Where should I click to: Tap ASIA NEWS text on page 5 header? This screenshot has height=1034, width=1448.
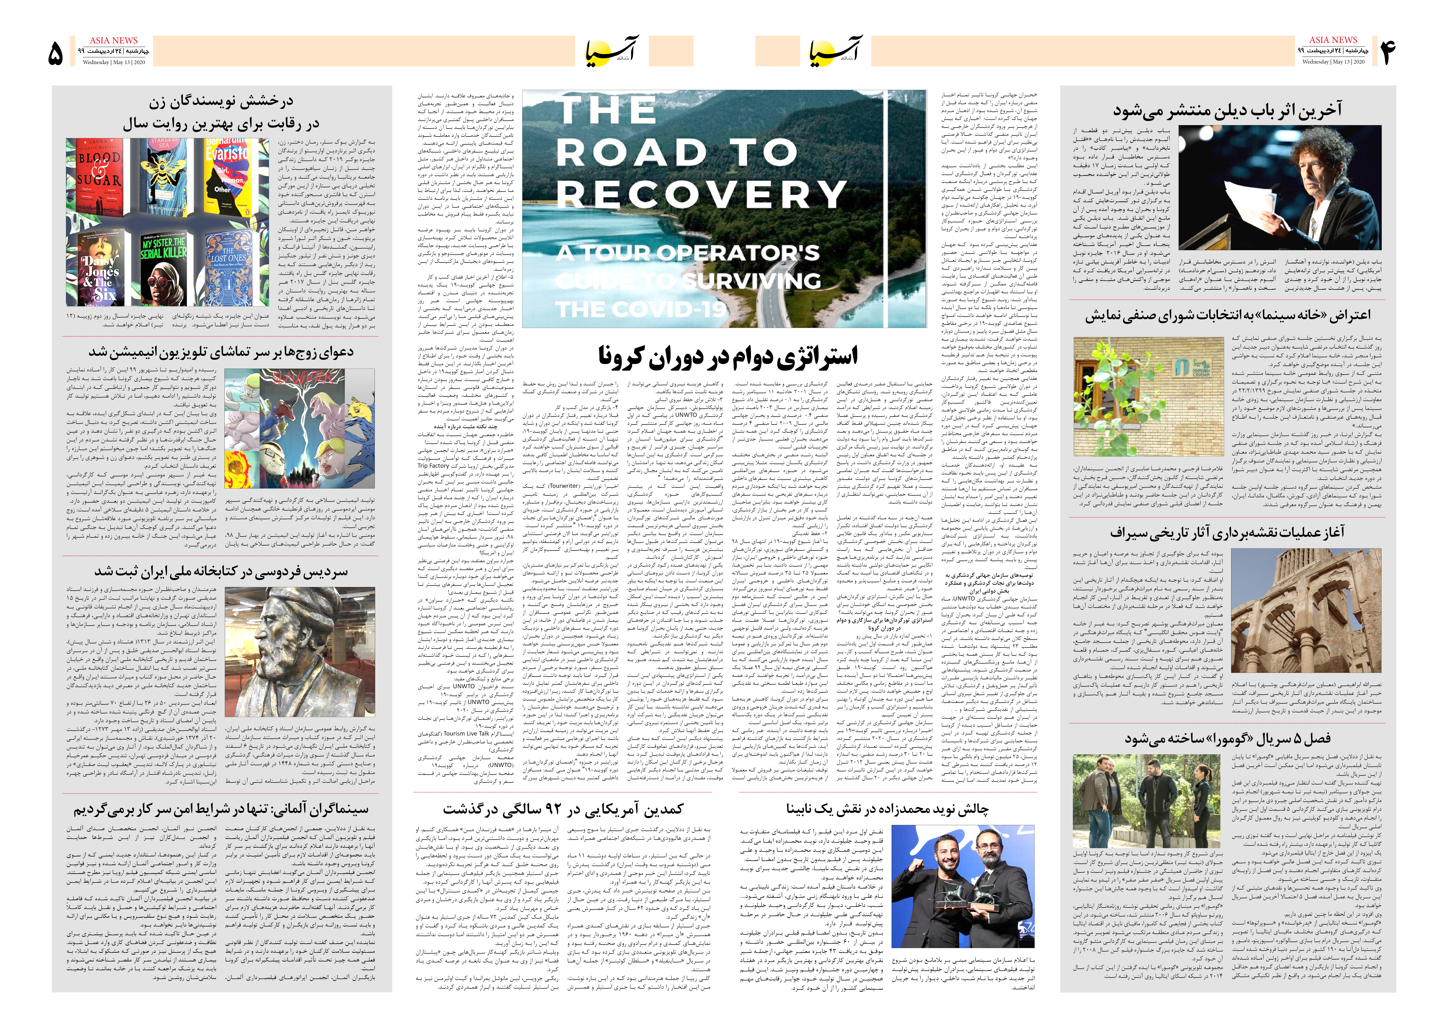[x=113, y=40]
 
